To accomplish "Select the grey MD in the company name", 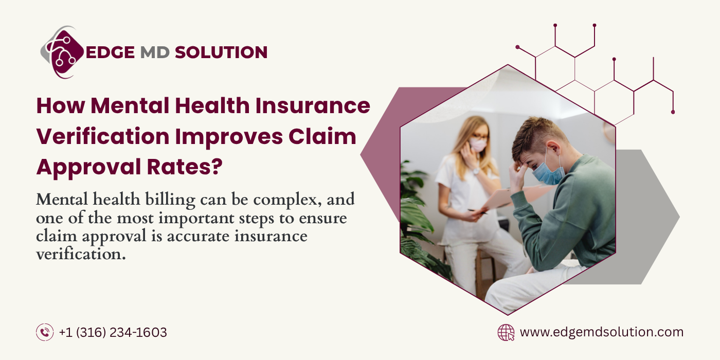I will pos(153,52).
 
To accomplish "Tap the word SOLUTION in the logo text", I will pos(221,52).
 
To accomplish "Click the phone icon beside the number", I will pos(45,332).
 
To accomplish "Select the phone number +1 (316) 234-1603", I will pos(113,332).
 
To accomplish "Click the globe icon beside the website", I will pos(506,332).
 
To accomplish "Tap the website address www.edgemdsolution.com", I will pos(602,332).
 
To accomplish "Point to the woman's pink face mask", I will pos(478,145).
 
